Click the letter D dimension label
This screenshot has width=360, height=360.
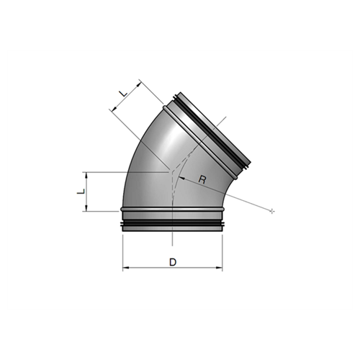(173, 262)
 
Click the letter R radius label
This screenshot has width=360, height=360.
(202, 179)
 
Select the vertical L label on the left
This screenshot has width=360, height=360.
(81, 192)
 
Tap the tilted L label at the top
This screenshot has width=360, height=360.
(123, 93)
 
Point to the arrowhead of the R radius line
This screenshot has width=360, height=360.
(181, 178)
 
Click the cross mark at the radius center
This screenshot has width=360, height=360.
(271, 211)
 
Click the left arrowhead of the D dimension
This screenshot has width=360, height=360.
(125, 267)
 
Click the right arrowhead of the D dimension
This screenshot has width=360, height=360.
(220, 267)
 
